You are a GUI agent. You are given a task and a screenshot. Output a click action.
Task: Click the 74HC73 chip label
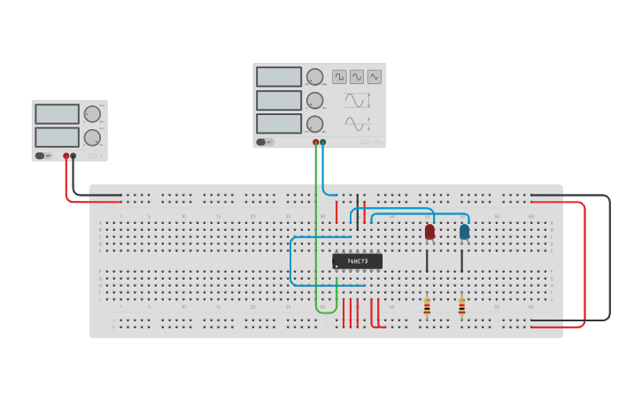click(x=358, y=261)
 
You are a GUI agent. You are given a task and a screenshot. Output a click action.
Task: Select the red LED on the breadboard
click(x=429, y=232)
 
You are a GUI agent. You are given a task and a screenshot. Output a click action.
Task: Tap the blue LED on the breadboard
click(x=464, y=232)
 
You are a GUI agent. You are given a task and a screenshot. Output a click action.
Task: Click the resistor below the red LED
click(x=427, y=307)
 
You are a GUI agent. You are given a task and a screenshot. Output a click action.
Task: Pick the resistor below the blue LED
click(x=461, y=307)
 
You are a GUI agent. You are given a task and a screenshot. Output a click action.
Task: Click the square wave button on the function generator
click(x=339, y=77)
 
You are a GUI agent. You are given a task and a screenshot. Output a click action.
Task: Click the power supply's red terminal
click(x=66, y=156)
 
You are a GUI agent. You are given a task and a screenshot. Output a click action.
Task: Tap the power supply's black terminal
click(x=73, y=156)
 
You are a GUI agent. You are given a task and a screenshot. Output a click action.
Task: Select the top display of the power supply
click(x=57, y=114)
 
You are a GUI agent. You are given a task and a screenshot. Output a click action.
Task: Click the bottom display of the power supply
click(x=57, y=137)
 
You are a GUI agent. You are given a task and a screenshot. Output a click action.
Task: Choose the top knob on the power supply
click(x=92, y=114)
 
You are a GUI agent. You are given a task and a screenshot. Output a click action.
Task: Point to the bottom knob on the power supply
click(x=92, y=137)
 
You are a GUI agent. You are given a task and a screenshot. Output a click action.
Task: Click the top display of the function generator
click(x=279, y=77)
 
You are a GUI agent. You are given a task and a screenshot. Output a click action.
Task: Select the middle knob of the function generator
click(x=314, y=100)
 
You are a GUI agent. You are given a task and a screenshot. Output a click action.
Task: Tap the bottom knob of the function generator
click(x=314, y=123)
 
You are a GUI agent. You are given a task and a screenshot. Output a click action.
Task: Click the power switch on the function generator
click(x=261, y=142)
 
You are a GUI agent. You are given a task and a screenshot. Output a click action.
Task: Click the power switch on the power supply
click(x=40, y=156)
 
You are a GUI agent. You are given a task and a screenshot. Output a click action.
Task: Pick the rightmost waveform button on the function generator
click(x=375, y=77)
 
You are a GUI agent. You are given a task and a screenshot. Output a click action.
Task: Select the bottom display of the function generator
click(x=279, y=123)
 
